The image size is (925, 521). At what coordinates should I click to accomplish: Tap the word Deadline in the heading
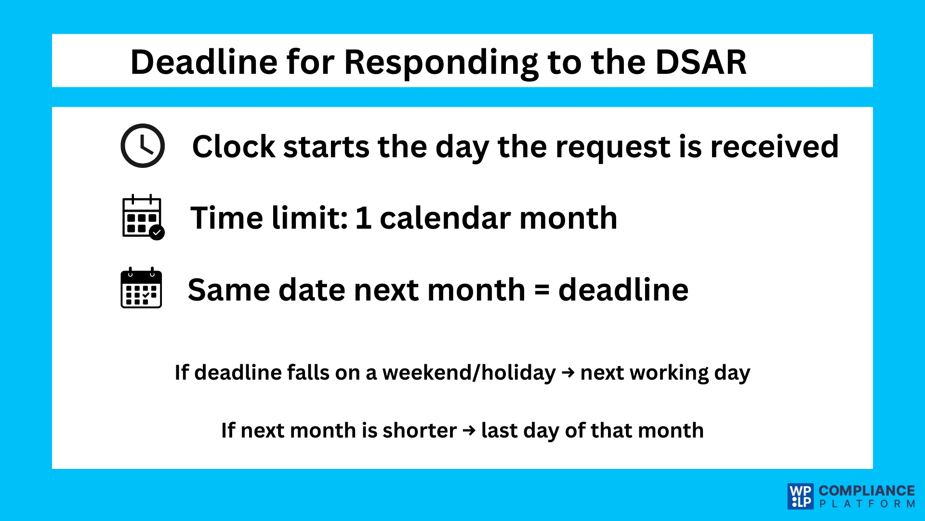coord(204,63)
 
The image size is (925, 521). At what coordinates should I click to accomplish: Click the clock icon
coord(143,146)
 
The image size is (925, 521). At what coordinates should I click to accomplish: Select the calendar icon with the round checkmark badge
coord(143,217)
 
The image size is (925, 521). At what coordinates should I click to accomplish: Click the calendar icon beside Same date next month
coord(141,288)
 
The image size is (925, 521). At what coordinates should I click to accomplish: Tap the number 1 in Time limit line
coord(363,218)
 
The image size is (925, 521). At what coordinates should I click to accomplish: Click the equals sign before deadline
coord(542,290)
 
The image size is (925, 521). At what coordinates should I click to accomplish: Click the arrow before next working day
coord(568,372)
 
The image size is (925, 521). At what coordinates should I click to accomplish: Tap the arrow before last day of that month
coord(469,430)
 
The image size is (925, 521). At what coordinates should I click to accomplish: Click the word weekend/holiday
coord(469,373)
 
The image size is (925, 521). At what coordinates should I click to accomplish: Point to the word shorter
coord(419,430)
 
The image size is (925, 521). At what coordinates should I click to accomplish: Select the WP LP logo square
coord(801,496)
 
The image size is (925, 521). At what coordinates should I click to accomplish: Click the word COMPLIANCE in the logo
coord(866,491)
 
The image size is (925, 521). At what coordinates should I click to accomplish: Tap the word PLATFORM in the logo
coord(866,504)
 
